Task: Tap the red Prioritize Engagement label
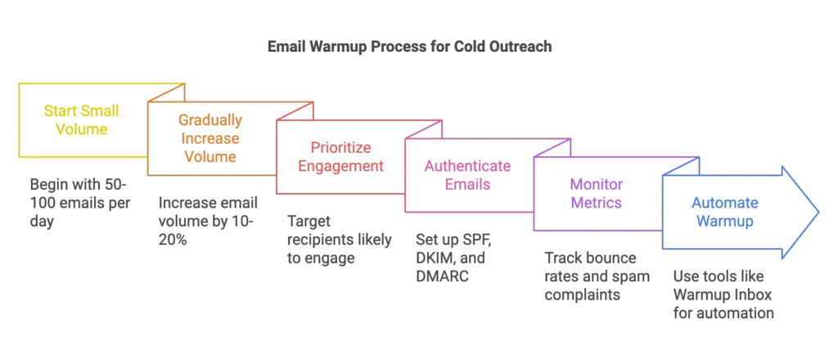[x=341, y=156]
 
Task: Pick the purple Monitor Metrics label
[x=597, y=195]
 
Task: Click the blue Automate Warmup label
[x=726, y=212]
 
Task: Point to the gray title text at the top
[x=409, y=46]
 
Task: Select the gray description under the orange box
[x=209, y=219]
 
